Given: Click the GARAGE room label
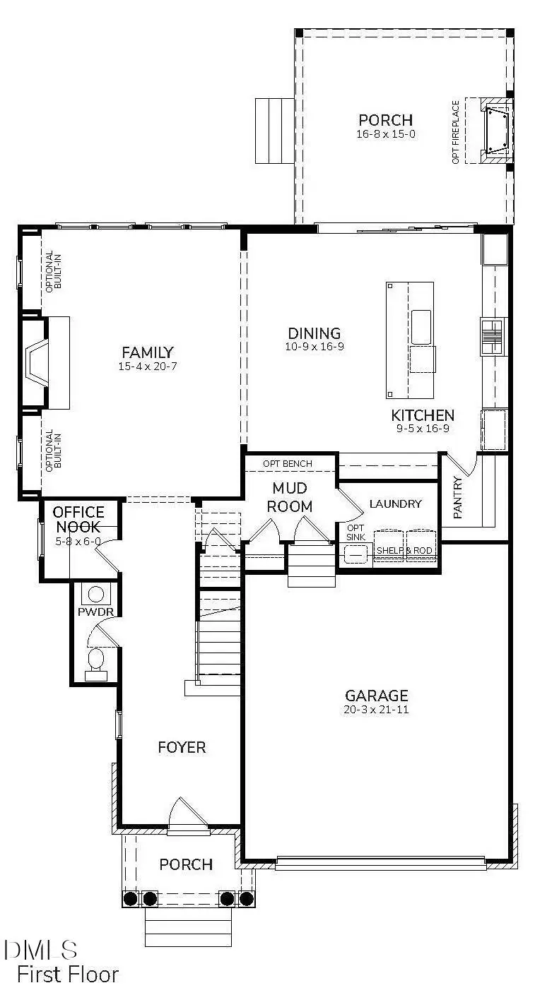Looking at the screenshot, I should point(376,695).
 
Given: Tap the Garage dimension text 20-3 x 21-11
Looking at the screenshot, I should point(376,709).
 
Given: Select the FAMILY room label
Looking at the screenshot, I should point(148,352).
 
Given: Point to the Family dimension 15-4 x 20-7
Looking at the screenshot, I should point(148,367).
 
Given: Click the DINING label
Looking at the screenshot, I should point(314,333).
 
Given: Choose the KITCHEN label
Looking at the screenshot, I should point(423,415).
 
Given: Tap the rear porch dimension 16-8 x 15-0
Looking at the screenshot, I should point(385,133).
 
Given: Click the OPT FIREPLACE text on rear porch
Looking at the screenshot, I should point(456,132).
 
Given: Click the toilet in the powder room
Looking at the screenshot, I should point(96,662).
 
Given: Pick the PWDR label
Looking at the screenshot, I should point(90,610).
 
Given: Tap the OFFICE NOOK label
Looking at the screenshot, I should point(78,519).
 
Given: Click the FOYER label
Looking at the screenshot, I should point(182,747).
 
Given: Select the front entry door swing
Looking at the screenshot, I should point(187,813).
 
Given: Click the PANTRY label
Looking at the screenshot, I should point(458,498).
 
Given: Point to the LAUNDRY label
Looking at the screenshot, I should point(396,504).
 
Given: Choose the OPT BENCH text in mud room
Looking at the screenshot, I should point(288,464).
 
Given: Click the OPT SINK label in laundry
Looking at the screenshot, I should point(355,532).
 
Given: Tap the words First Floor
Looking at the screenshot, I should point(68,975).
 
